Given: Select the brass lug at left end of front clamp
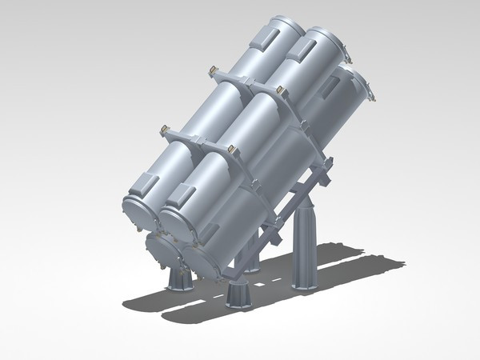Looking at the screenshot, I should (163, 129).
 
